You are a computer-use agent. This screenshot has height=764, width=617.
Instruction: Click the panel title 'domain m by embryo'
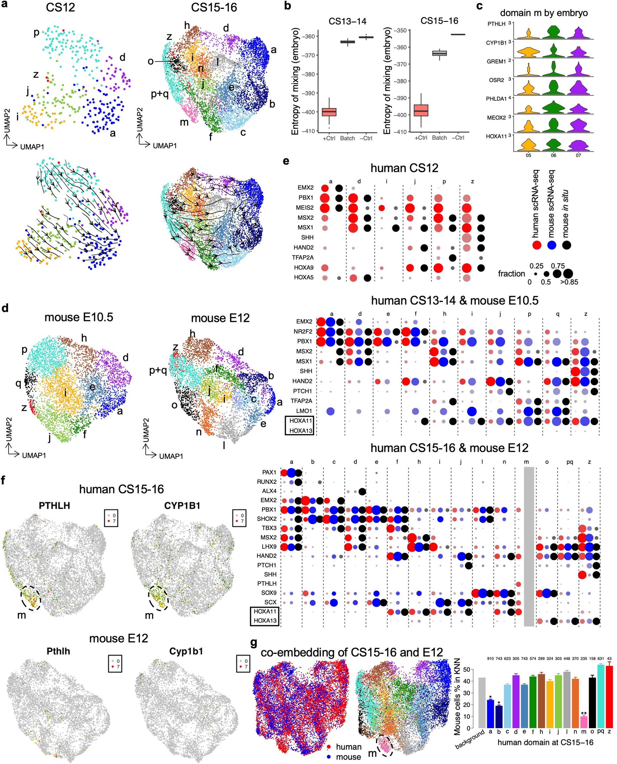pyautogui.click(x=544, y=13)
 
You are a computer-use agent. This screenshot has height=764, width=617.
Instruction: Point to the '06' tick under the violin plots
pyautogui.click(x=553, y=155)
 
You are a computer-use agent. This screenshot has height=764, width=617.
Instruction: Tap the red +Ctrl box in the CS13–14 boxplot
pyautogui.click(x=329, y=112)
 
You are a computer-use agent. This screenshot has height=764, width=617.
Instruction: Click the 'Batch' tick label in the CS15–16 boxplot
pyautogui.click(x=439, y=138)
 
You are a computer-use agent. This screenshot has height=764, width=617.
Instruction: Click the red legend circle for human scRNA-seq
pyautogui.click(x=537, y=245)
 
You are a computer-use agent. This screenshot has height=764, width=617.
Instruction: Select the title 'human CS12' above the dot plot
pyautogui.click(x=404, y=168)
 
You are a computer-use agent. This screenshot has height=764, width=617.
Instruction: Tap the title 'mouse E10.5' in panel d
pyautogui.click(x=79, y=317)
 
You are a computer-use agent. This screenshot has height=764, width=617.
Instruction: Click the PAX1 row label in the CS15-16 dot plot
pyautogui.click(x=269, y=472)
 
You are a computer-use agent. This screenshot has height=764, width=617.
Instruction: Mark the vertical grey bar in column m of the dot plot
pyautogui.click(x=529, y=547)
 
